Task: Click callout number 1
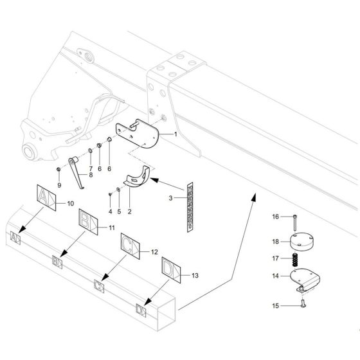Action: click(175, 134)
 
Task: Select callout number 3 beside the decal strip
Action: click(170, 199)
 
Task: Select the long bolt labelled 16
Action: click(294, 223)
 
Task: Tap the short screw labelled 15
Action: click(300, 305)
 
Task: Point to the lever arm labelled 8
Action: click(78, 172)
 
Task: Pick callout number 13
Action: click(195, 275)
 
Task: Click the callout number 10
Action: click(71, 204)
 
